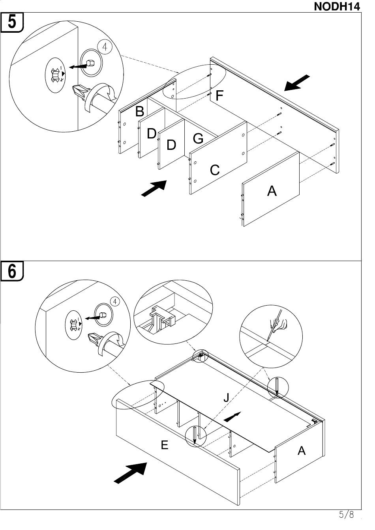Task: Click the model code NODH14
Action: point(337,6)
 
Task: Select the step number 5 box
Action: point(12,22)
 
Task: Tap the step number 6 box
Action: point(12,271)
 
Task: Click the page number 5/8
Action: point(346,515)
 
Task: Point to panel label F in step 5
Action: point(220,95)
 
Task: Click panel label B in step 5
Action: point(139,112)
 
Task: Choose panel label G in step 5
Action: point(198,138)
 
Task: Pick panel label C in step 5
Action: point(215,170)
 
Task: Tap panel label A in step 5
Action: point(272,191)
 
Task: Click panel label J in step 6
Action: point(226,397)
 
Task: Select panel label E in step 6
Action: point(165,445)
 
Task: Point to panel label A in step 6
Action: point(302,450)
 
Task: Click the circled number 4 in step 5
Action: point(105,47)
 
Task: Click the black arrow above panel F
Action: point(297,83)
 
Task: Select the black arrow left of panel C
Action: point(154,188)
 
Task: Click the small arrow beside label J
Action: point(232,416)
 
